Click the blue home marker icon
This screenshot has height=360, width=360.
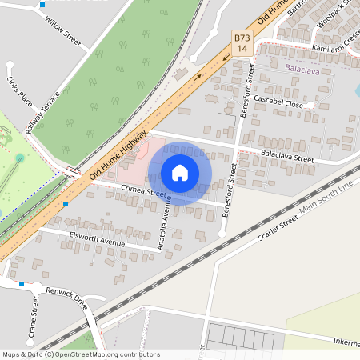180,173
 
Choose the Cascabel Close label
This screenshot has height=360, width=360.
278,105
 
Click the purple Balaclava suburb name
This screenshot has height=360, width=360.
302,70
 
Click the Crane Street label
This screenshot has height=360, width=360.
34,314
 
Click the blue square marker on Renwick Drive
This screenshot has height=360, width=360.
22,283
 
